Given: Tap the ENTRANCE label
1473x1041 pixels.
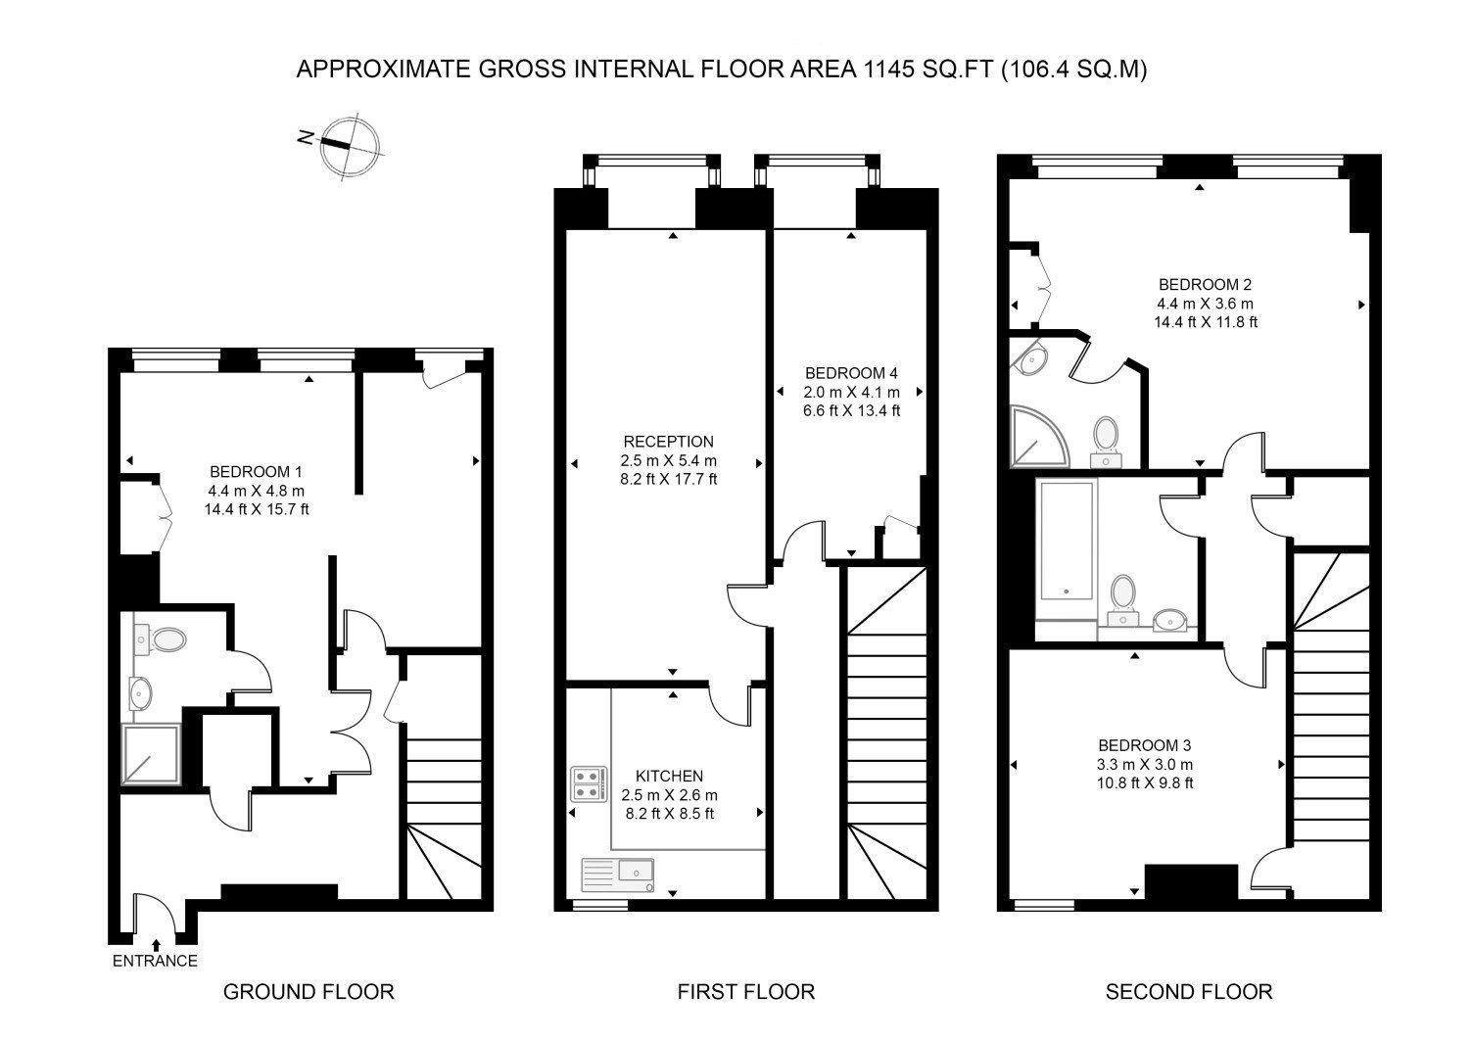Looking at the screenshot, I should pos(155,961).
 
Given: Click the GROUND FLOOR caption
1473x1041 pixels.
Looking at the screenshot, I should pos(309,992).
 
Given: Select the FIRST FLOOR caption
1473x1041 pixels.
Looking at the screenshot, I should pos(745,992).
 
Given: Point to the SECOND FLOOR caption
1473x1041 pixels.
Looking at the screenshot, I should pos(1189,992).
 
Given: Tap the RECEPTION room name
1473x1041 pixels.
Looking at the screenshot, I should pos(669,442).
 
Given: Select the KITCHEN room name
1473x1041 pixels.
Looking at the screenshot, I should pos(669,776).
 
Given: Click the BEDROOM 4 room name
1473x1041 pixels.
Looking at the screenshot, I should pos(850,373).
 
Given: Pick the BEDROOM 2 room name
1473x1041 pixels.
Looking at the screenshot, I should pos(1206,285).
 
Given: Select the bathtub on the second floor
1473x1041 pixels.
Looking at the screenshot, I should pos(1066,541).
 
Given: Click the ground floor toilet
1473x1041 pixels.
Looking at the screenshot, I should pos(164,640).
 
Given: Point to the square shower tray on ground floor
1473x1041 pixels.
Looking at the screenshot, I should pos(151,754).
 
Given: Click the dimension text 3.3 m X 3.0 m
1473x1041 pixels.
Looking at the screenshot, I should pos(1145,764).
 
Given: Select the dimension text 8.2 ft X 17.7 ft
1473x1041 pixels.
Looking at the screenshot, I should pos(669,480).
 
